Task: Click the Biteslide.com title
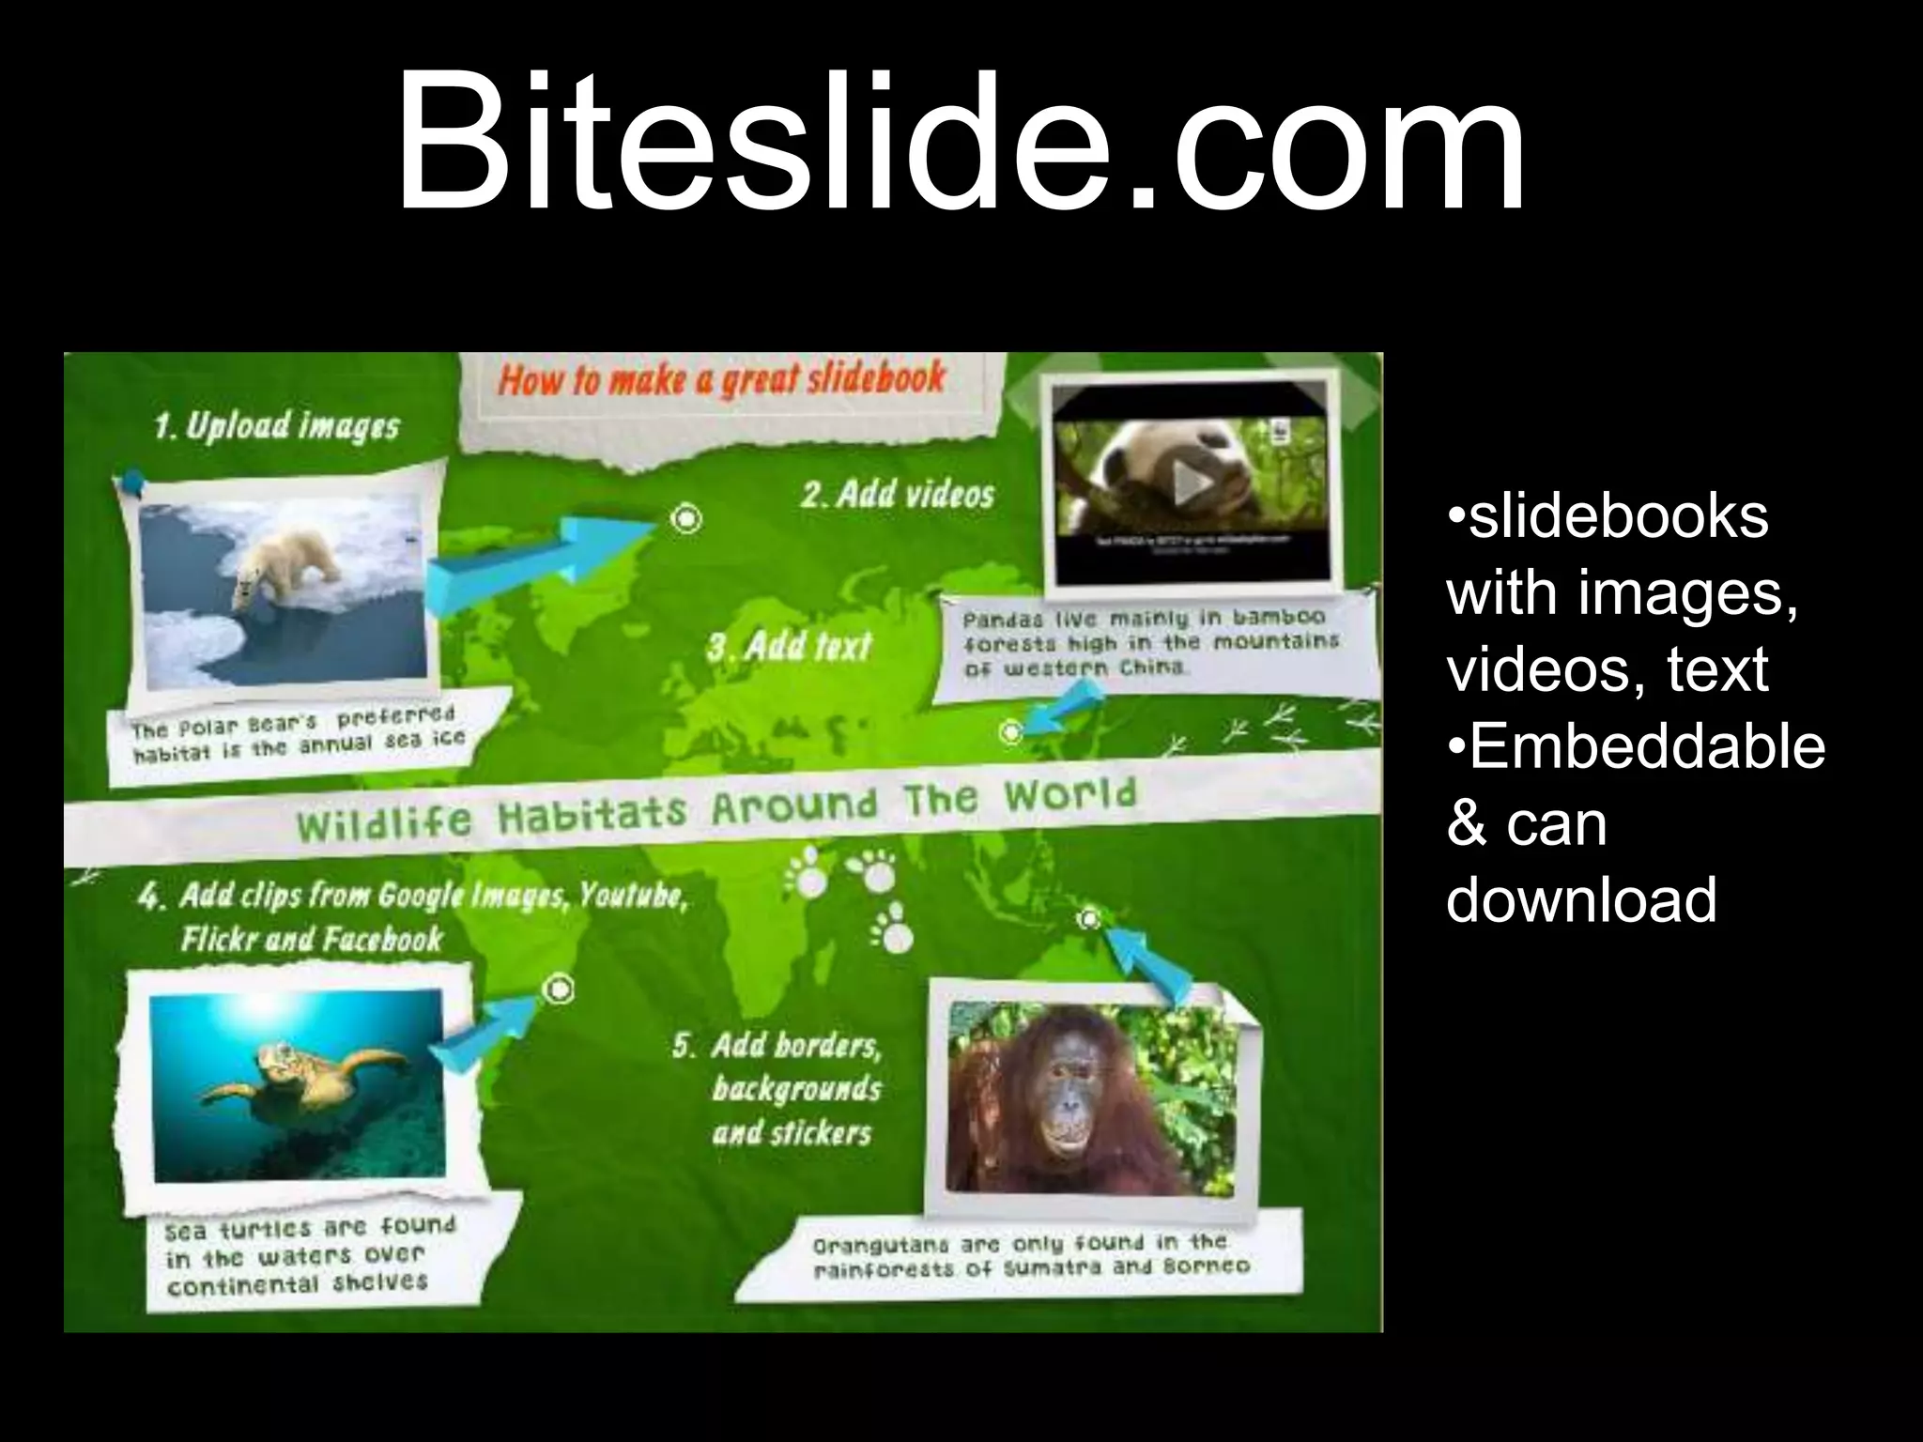(x=960, y=141)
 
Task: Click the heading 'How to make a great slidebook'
(x=721, y=379)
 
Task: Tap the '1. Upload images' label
(x=277, y=427)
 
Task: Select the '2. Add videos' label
(x=897, y=494)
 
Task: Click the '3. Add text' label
(x=790, y=647)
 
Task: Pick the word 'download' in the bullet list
(x=1581, y=899)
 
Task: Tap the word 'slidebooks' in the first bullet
(x=1618, y=517)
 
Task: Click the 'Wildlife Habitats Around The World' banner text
(x=715, y=809)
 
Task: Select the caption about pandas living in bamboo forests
(x=1150, y=644)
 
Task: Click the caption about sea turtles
(x=310, y=1254)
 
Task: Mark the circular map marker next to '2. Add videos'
(x=687, y=517)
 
